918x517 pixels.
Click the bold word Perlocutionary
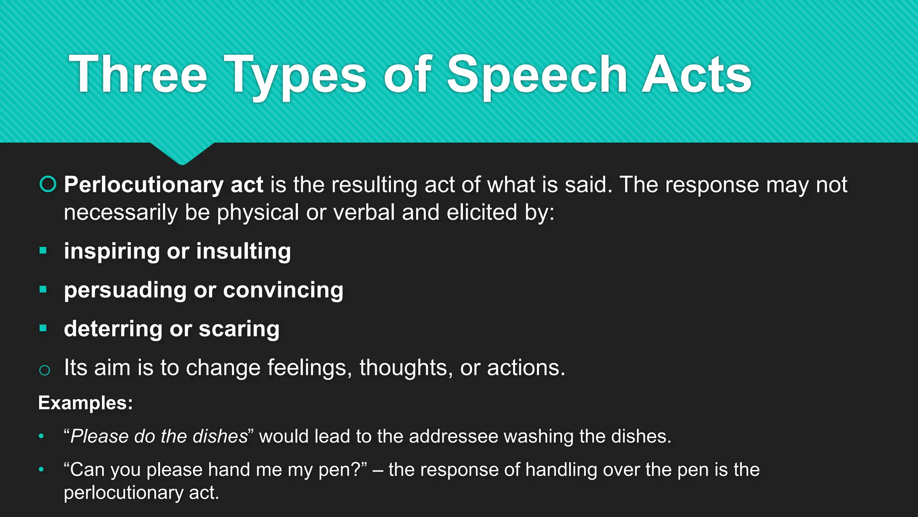(x=143, y=185)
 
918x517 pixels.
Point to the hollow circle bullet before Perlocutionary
(x=48, y=184)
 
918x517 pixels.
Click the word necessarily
(x=121, y=212)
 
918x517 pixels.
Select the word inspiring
(x=112, y=251)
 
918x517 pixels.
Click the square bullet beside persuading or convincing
(x=43, y=289)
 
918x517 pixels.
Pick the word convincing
(x=283, y=290)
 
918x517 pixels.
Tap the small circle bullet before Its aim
(x=44, y=370)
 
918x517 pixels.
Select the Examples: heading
(x=85, y=403)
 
